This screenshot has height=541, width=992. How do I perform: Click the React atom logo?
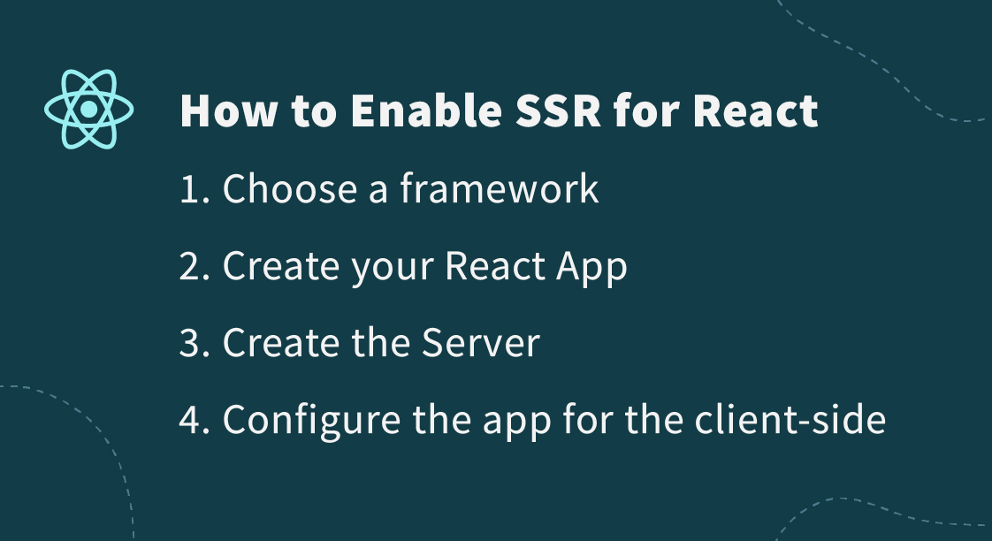(x=88, y=110)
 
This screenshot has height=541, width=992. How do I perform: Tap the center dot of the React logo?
(x=88, y=110)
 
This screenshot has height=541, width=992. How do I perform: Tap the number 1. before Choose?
(x=195, y=189)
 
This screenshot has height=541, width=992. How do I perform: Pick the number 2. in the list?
(x=195, y=266)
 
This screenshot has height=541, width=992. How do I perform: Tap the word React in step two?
(x=494, y=266)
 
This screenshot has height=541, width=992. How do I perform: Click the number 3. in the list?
(x=195, y=343)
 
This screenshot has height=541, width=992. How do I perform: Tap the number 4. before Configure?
(x=195, y=420)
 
